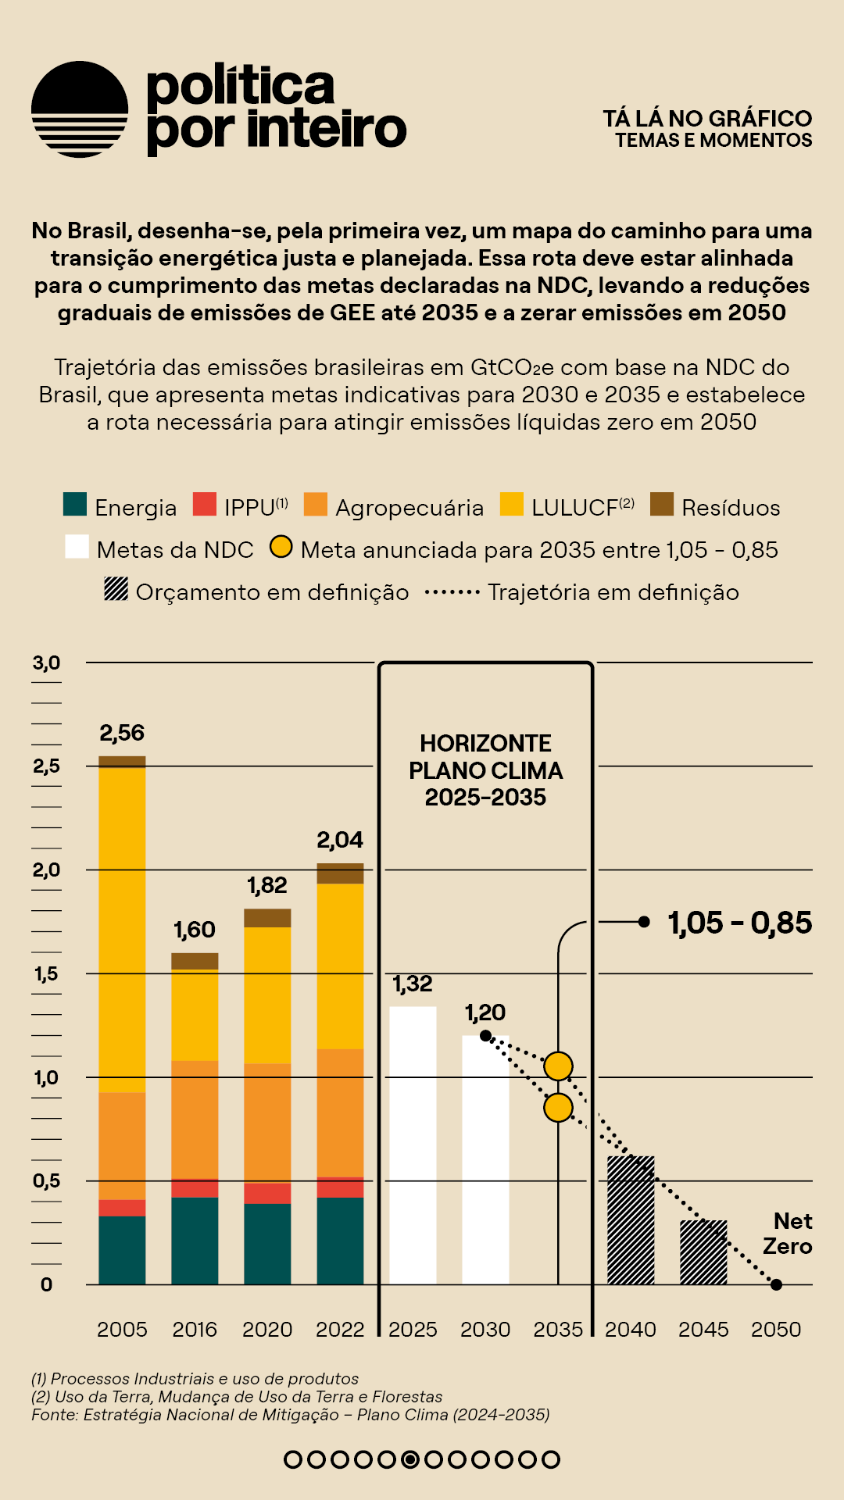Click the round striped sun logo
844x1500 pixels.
pos(80,109)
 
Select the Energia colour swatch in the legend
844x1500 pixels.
pos(75,504)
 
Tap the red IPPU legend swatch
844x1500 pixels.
pos(205,504)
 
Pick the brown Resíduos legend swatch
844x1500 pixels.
pos(662,504)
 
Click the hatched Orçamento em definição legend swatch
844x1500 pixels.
pos(116,588)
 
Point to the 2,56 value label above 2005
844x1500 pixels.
pos(122,733)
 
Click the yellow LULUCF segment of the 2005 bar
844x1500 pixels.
pos(122,930)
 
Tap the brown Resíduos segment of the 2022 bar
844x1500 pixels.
pos(340,873)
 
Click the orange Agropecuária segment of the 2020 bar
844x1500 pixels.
pos(267,1123)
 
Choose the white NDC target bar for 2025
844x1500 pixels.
pos(413,1145)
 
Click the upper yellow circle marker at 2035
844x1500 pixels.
pos(558,1066)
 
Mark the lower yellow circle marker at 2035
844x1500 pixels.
pos(558,1107)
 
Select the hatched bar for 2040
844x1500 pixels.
pos(631,1220)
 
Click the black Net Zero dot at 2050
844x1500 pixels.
pos(776,1284)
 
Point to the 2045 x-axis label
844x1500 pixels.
pos(703,1329)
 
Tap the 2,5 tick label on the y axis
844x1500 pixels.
pos(46,766)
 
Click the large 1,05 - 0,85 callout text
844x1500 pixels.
pos(739,923)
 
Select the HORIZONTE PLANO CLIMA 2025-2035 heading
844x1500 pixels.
pos(485,770)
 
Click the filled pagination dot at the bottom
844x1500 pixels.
pos(409,1459)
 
